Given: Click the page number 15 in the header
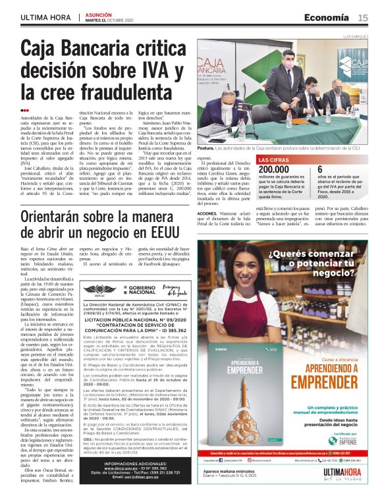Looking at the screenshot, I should tap(363, 17).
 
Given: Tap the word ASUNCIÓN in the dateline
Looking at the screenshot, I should tap(97, 14).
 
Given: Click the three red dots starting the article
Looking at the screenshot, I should tap(25, 111).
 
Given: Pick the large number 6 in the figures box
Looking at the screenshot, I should tap(339, 171).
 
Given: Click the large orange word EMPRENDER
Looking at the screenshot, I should tap(329, 380).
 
